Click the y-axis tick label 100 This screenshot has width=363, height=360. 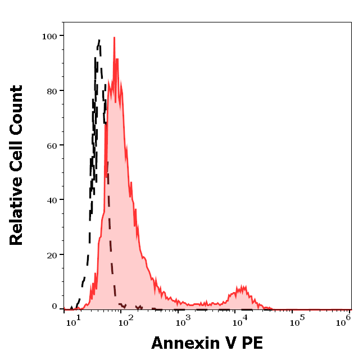pyautogui.click(x=49, y=36)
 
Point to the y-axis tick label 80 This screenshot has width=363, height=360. pyautogui.click(x=52, y=90)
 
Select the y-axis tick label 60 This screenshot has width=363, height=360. pyautogui.click(x=52, y=145)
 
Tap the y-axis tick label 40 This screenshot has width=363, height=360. pyautogui.click(x=52, y=200)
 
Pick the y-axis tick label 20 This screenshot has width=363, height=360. pyautogui.click(x=52, y=255)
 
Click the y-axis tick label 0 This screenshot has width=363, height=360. pyautogui.click(x=55, y=307)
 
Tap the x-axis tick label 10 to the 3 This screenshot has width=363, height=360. pyautogui.click(x=182, y=321)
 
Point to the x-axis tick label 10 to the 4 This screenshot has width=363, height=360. pyautogui.click(x=239, y=321)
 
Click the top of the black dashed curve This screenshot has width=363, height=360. pyautogui.click(x=99, y=40)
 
